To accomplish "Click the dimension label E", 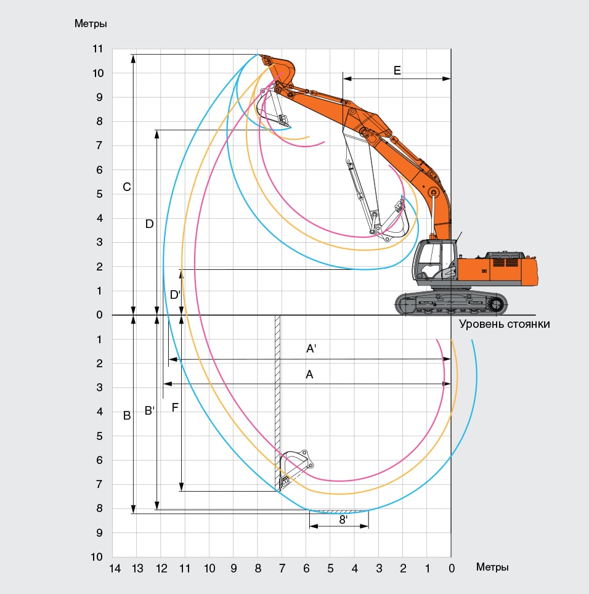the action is pos(397,70).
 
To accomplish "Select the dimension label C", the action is pos(127,187).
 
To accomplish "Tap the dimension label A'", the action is pos(311,349).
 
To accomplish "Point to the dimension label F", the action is pos(175,408).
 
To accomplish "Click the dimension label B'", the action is pos(150,410).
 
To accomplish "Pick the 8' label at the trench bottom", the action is pos(343,520).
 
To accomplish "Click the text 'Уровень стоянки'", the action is pos(504,324).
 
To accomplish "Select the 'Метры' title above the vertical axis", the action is pos(91,23).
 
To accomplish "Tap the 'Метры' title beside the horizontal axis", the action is pos(492,567).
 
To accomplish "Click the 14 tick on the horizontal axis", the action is pos(115,569).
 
